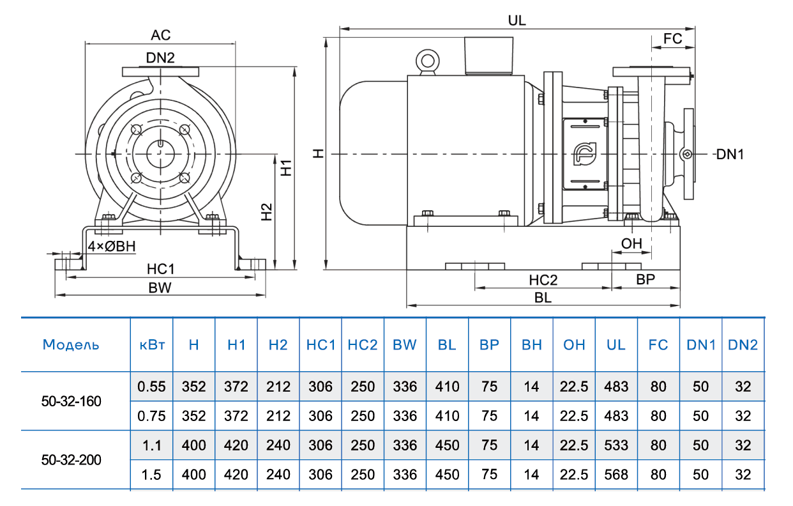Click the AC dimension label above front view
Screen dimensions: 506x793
[x=160, y=34]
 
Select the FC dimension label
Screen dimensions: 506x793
[x=673, y=38]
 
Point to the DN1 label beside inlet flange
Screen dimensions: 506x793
[x=730, y=154]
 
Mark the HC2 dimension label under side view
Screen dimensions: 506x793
[x=543, y=280]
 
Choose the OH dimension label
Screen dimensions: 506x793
[x=631, y=243]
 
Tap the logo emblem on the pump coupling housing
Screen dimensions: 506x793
[x=584, y=153]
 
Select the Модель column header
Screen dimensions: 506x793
[x=71, y=345]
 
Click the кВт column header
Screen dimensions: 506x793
[x=152, y=345]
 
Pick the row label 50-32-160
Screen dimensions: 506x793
[x=71, y=401]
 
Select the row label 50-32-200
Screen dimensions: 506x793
[x=71, y=460]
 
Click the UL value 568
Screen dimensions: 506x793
[x=616, y=475]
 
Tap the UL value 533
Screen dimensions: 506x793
[x=616, y=445]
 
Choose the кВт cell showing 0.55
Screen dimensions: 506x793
[x=152, y=387]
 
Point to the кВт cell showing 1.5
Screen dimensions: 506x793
[x=152, y=475]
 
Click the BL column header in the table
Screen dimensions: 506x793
[x=447, y=345]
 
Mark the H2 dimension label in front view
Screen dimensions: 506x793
[x=267, y=212]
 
